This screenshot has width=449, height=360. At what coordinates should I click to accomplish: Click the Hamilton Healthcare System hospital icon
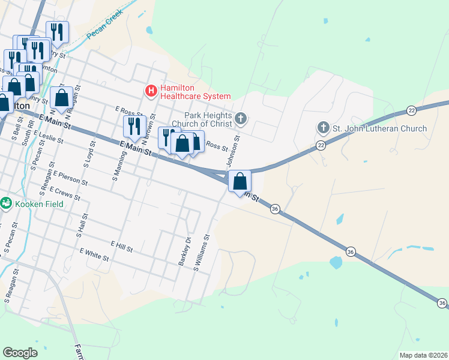tap(151, 91)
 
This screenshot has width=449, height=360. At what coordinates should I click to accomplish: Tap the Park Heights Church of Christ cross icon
tap(241, 118)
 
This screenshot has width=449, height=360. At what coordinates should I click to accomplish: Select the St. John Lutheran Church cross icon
tap(323, 128)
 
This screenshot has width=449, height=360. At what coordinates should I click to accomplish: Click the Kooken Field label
tap(40, 203)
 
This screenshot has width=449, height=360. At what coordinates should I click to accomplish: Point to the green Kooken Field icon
tap(7, 203)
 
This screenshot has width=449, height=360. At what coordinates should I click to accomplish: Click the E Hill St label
tap(121, 245)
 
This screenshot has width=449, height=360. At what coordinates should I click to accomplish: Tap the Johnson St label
tap(232, 151)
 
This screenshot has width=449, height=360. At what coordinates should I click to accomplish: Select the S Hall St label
tap(80, 226)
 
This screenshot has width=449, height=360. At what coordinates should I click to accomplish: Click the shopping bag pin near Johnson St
tap(240, 181)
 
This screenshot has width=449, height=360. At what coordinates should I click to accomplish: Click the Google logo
tap(20, 353)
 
